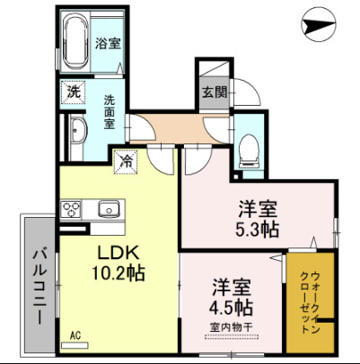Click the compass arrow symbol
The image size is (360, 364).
pos(320,25)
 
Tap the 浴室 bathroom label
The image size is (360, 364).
pos(109,43)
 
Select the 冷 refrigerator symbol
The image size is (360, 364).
pos(127,162)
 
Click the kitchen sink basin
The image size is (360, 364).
pos(108,210)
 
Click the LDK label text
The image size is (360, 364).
pos(117,250)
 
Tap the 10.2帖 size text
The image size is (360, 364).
pos(117,270)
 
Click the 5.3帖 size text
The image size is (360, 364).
pos(257,230)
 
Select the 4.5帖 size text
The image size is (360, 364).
pos(231,308)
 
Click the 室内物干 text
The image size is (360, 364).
pos(231,326)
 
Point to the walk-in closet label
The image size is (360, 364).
pos(311,301)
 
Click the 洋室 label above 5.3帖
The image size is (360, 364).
pos(257,209)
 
